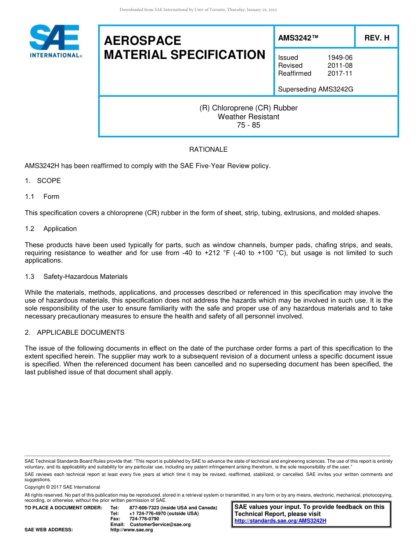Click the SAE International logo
click(x=55, y=41)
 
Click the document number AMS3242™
click(x=298, y=38)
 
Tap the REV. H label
click(x=377, y=38)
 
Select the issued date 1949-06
click(x=340, y=58)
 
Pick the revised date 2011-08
click(x=340, y=66)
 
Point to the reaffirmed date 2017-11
click(x=340, y=73)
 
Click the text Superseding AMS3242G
click(x=316, y=89)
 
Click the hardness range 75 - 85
click(x=248, y=125)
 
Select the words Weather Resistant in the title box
click(x=248, y=117)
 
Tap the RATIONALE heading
click(x=208, y=150)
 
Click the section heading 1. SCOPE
click(x=43, y=181)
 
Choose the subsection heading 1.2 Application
click(x=51, y=229)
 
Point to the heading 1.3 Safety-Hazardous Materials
click(x=76, y=277)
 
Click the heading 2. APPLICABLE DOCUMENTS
click(x=75, y=333)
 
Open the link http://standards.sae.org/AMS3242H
click(x=280, y=521)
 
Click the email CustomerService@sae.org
click(x=160, y=524)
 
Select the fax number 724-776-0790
click(x=144, y=519)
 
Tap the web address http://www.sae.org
click(x=132, y=530)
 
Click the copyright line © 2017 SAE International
click(x=62, y=487)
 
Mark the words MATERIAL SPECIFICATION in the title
click(x=184, y=55)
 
